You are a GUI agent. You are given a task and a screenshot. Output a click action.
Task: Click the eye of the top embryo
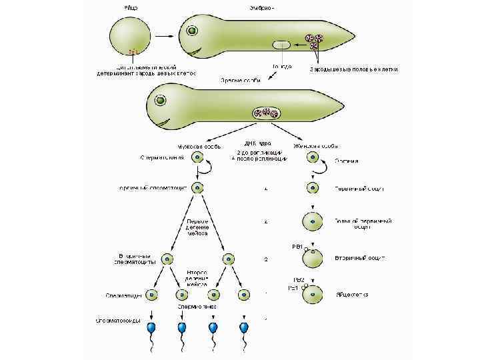pyautogui.click(x=191, y=30)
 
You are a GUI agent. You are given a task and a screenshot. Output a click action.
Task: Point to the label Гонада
pyautogui.click(x=282, y=67)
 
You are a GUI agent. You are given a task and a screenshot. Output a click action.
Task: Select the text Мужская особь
pyautogui.click(x=195, y=145)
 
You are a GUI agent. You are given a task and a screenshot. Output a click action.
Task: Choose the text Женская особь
pyautogui.click(x=315, y=145)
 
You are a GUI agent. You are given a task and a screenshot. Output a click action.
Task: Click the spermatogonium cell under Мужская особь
pyautogui.click(x=198, y=158)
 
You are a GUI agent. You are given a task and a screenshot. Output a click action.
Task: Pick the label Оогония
pyautogui.click(x=346, y=161)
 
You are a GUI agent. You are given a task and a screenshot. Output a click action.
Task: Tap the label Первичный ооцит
pyautogui.click(x=361, y=189)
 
